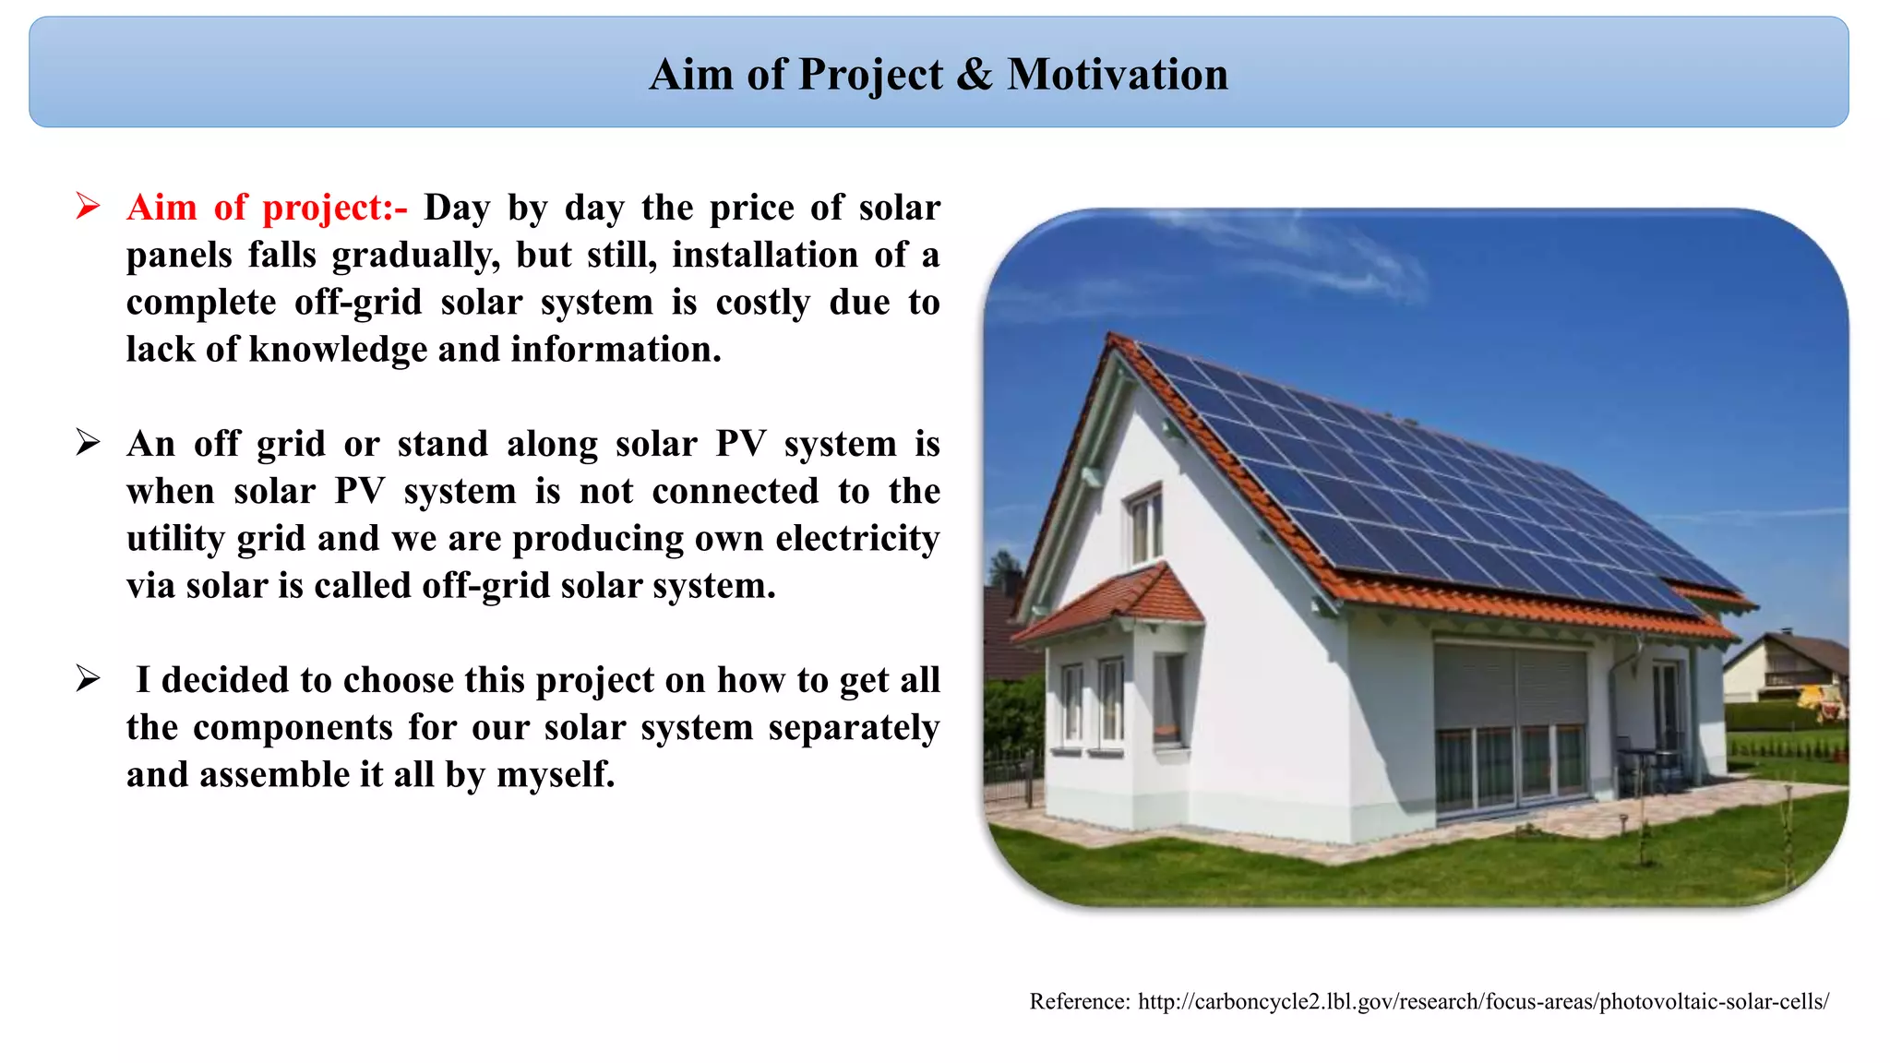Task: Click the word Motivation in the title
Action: tap(1117, 75)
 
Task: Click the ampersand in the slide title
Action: tap(975, 75)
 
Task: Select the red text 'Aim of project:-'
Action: tap(266, 208)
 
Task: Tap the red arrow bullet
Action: tap(88, 206)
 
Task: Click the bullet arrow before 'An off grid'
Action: tap(88, 443)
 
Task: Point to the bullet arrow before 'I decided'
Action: tap(88, 679)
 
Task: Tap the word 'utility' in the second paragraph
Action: tap(175, 539)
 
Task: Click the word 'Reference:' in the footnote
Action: tap(1079, 1002)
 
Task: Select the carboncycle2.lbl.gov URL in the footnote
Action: tap(1482, 1002)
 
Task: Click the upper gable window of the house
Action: tap(1144, 523)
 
